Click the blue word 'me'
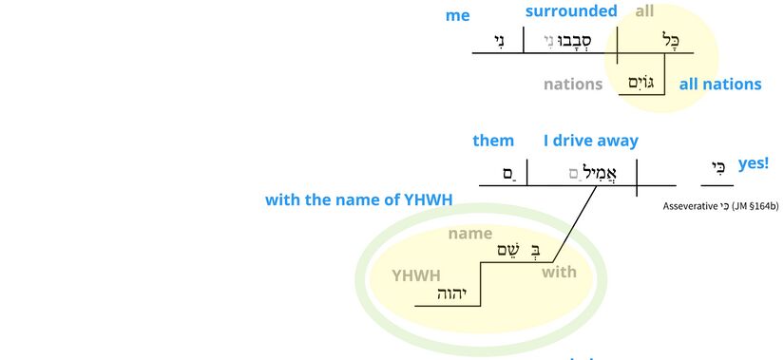click(457, 15)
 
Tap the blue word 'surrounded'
click(571, 11)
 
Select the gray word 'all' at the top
click(645, 11)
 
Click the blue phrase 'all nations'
click(720, 84)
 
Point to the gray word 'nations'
click(573, 84)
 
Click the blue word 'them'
click(493, 141)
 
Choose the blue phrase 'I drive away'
click(591, 141)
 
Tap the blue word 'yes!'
click(753, 163)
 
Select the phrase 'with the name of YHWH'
click(358, 199)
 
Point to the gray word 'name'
click(470, 233)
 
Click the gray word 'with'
click(559, 273)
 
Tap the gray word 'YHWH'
click(416, 275)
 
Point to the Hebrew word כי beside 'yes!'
click(718, 168)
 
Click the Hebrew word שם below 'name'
click(508, 250)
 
